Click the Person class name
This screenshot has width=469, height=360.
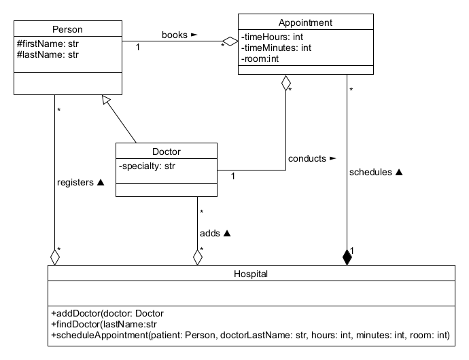click(67, 29)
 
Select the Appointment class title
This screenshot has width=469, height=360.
click(305, 22)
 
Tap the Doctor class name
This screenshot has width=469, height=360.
click(166, 151)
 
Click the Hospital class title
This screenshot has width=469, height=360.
click(251, 274)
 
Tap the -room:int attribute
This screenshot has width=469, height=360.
click(260, 58)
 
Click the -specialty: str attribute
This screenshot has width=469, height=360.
click(147, 165)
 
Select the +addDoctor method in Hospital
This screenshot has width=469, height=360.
click(107, 314)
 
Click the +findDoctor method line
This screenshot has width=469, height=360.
click(104, 325)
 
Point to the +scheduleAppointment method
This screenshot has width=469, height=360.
click(250, 336)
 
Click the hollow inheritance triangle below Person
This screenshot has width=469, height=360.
click(105, 100)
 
